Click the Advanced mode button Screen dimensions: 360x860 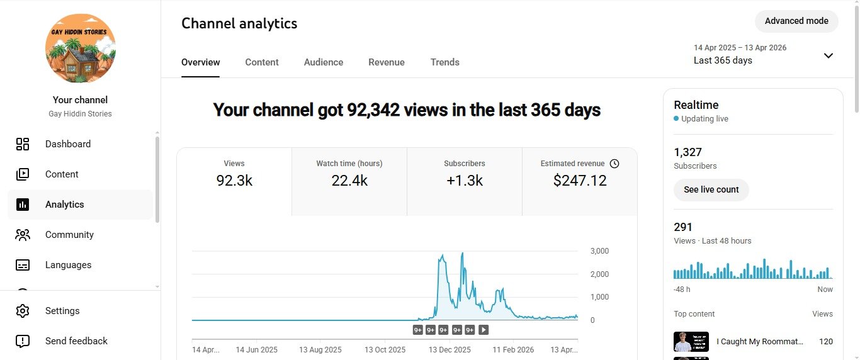pos(796,21)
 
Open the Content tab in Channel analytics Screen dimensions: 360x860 pos(262,62)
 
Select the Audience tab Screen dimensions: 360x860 pos(324,62)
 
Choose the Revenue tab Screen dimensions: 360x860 pos(387,62)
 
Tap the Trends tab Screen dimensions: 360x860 pos(445,62)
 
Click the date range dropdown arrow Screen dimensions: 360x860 pos(829,55)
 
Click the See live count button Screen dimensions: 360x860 pos(711,189)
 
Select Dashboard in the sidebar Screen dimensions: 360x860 pos(68,144)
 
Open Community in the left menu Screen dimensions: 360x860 pos(69,235)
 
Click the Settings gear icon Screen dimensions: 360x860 pos(23,311)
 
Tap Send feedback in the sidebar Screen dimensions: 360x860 pos(76,341)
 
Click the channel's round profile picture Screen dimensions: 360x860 pos(81,48)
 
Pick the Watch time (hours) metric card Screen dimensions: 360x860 pos(349,173)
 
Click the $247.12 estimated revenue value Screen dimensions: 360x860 pos(580,181)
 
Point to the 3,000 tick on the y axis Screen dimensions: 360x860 pos(599,251)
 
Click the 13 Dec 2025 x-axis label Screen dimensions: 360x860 pos(450,349)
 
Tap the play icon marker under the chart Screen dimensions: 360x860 pos(484,330)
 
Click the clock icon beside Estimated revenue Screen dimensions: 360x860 pos(615,164)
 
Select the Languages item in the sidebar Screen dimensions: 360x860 pos(68,265)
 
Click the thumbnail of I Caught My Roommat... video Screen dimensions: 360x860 pos(691,342)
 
